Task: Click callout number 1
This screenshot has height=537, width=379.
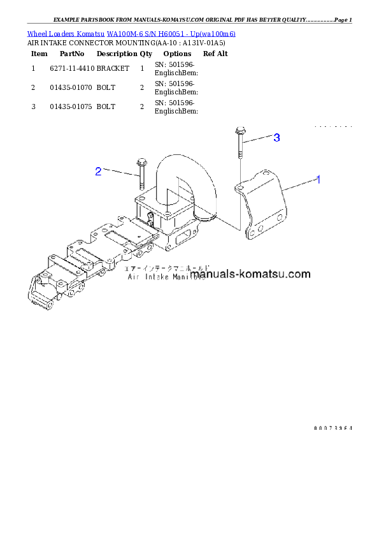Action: coord(318,180)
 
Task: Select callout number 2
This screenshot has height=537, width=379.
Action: coord(98,171)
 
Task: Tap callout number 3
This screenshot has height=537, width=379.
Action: coord(276,138)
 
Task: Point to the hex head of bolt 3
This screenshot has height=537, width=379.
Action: coord(240,131)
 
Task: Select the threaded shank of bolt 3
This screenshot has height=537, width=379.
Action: coord(240,148)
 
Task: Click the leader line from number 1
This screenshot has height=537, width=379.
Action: coord(299,184)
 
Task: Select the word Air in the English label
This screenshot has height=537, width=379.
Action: coord(133,277)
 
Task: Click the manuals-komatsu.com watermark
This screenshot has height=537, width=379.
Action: coord(250,275)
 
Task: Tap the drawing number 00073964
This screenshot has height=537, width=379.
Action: coord(333,428)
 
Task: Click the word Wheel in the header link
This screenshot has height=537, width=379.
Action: coord(36,33)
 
